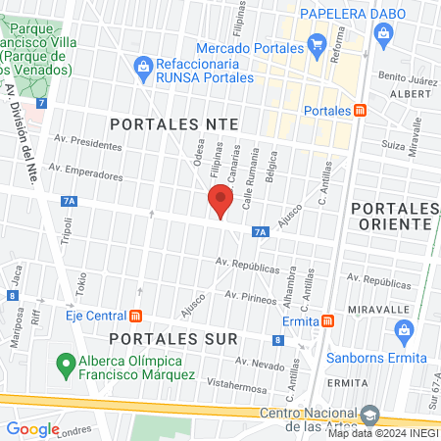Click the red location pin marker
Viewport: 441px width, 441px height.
click(220, 203)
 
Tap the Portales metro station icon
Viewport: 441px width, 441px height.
click(361, 111)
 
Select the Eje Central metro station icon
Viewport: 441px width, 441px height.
click(136, 316)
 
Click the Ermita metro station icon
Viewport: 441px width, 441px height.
click(328, 319)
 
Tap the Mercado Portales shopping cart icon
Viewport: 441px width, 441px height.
click(317, 45)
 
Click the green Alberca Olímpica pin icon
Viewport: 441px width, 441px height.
click(67, 365)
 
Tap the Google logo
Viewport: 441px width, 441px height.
click(33, 428)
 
